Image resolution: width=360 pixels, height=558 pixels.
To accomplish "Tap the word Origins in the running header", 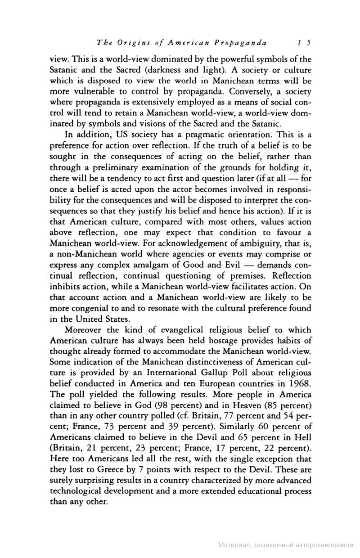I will click(x=130, y=43).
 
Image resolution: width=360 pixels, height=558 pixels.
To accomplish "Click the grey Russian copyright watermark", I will click(x=286, y=545).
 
